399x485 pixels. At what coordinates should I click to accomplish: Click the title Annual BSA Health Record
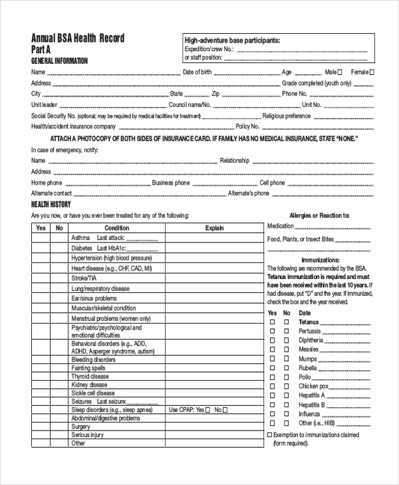[78, 39]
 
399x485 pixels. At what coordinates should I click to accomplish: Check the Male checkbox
[340, 72]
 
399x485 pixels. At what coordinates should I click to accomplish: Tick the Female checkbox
[372, 72]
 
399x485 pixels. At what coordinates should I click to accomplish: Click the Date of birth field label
[198, 72]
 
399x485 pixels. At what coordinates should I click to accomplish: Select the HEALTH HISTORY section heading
[52, 204]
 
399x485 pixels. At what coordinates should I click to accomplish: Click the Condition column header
[117, 228]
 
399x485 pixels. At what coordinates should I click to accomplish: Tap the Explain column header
[214, 228]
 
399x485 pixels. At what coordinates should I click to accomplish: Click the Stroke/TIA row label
[84, 278]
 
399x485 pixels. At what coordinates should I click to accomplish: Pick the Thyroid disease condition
[90, 377]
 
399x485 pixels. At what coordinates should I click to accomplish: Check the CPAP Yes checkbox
[207, 411]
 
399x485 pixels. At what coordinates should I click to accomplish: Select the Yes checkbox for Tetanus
[271, 322]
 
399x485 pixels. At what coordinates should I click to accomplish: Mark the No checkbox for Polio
[287, 377]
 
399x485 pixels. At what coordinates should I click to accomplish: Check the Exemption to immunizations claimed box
[269, 435]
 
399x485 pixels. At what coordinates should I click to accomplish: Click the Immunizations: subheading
[320, 260]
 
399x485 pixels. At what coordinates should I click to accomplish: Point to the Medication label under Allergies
[281, 227]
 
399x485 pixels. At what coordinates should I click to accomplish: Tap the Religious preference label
[287, 116]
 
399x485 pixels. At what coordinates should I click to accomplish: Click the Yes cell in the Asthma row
[41, 238]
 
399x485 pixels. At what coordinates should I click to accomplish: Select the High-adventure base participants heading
[231, 40]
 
